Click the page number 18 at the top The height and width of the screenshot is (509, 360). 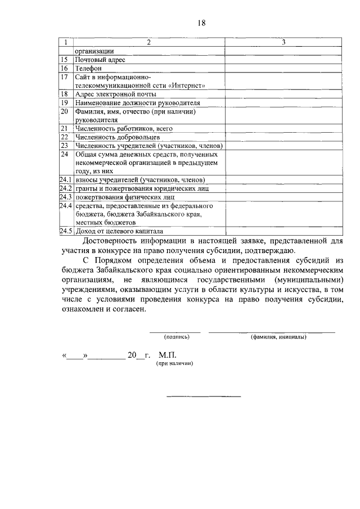click(202, 22)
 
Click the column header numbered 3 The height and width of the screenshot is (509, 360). click(284, 42)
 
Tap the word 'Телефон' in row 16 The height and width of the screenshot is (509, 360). click(86, 68)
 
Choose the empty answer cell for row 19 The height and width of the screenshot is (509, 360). click(284, 103)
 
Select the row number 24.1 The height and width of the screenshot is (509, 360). click(66, 179)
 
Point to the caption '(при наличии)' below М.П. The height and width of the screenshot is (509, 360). click(175, 364)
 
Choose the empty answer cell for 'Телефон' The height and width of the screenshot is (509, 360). click(284, 68)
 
